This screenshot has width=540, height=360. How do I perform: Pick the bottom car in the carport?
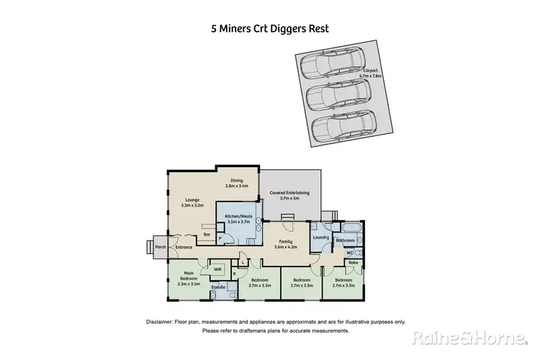coord(344,127)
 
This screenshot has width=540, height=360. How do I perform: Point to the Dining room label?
coord(236,184)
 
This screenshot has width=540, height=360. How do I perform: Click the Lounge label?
coord(192,202)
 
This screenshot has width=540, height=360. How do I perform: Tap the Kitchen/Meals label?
coord(238,220)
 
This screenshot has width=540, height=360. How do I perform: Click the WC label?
coord(348,253)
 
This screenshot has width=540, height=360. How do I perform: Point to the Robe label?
coord(353,264)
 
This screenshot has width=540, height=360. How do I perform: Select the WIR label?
coord(217,269)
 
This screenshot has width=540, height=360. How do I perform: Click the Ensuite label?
coord(218,287)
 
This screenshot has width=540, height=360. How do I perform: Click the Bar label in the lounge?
coord(207,235)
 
